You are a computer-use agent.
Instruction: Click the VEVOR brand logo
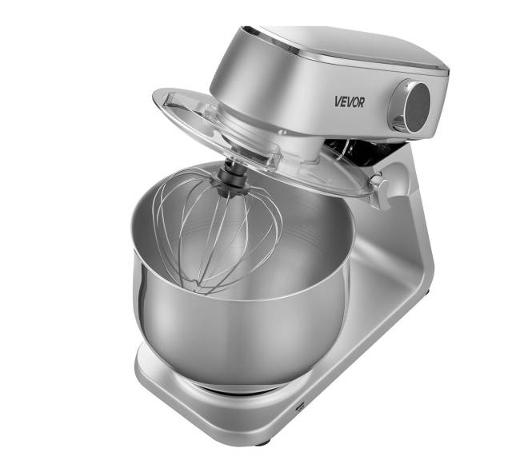click(350, 102)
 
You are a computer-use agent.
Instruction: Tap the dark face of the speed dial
click(418, 106)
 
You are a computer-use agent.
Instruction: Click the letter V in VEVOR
click(338, 101)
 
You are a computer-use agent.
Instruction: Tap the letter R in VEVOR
click(361, 103)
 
